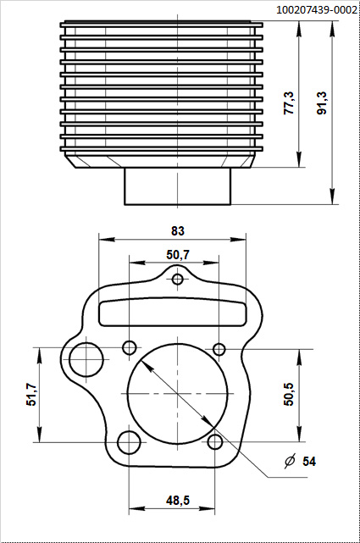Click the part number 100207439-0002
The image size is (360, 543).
click(315, 9)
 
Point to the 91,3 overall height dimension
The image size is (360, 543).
click(322, 103)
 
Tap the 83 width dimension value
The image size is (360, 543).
click(177, 230)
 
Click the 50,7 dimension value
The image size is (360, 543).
click(178, 254)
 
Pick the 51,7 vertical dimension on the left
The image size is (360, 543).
click(31, 395)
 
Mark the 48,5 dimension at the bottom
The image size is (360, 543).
click(178, 501)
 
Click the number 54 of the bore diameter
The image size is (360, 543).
click(309, 462)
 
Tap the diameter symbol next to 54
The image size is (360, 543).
click(290, 462)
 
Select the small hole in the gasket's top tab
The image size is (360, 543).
click(178, 280)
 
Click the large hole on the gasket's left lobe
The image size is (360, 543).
click(86, 359)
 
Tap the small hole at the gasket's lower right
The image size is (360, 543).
click(216, 441)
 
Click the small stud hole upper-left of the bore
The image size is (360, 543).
click(130, 347)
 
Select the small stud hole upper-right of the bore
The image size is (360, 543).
click(219, 349)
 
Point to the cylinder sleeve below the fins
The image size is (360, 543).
click(178, 186)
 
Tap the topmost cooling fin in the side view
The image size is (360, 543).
click(161, 25)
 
